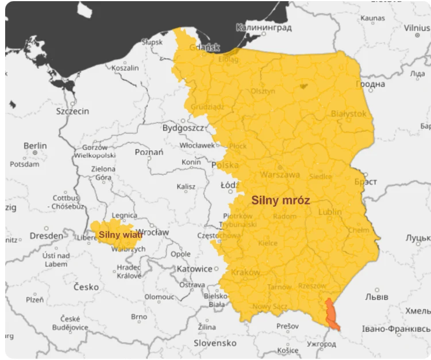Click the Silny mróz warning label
click(280, 201)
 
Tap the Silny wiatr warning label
click(120, 234)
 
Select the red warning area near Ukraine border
click(332, 315)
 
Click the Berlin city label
click(35, 146)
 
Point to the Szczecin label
click(72, 111)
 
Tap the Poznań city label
click(149, 152)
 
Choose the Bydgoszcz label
click(183, 127)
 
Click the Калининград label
click(264, 27)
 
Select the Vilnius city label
click(417, 28)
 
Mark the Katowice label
click(194, 269)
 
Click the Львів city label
click(376, 297)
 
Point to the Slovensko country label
click(215, 343)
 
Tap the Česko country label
click(86, 287)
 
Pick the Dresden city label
click(46, 235)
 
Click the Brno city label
click(138, 316)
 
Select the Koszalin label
click(125, 68)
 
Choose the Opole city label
click(180, 254)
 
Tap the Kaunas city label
click(372, 18)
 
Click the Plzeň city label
click(34, 299)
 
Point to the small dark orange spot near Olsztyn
click(303, 86)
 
